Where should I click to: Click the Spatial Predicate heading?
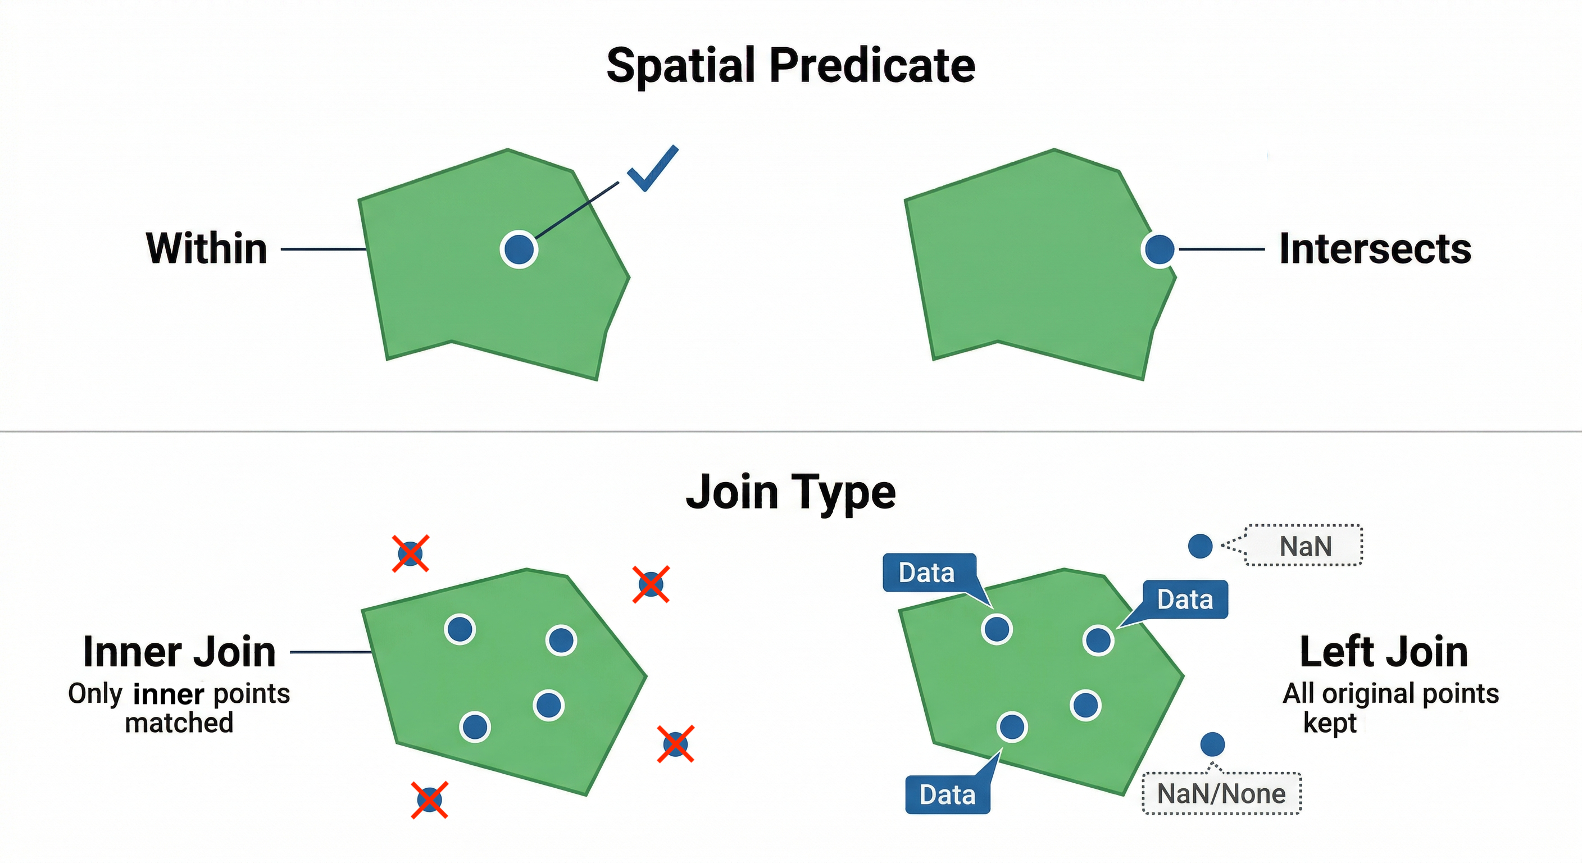(790, 66)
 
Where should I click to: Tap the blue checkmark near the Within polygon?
(652, 169)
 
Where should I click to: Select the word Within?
(206, 249)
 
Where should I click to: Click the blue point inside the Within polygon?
(519, 249)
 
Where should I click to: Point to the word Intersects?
(1375, 249)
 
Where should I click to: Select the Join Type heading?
(790, 492)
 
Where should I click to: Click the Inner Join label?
(179, 652)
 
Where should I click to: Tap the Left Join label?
(1384, 652)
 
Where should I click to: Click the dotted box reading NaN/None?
(1221, 793)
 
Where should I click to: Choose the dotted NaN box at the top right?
(1304, 546)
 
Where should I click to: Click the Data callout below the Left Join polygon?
(948, 795)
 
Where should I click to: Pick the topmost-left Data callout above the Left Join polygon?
(927, 573)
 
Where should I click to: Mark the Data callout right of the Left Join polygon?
(1185, 599)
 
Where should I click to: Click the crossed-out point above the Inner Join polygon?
(410, 553)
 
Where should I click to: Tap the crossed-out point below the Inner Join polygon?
(429, 800)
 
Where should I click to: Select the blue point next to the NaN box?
(1200, 546)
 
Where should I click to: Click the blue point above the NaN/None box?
(1212, 744)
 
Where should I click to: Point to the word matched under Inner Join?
(179, 723)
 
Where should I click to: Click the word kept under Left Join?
(1330, 723)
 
